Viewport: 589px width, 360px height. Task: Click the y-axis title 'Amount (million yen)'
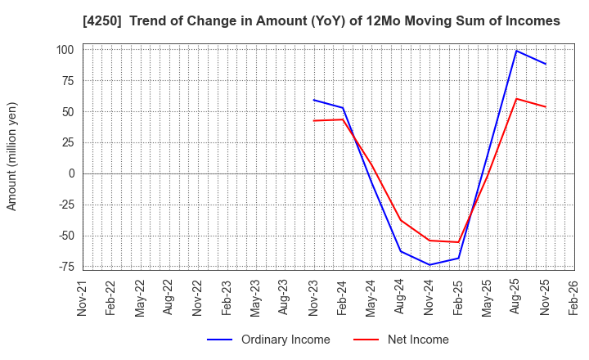11,156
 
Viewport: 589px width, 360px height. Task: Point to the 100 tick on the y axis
66,50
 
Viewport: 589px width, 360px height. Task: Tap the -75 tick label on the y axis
65,267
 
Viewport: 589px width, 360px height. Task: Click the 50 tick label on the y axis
69,112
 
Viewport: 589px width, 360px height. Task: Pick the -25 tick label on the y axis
65,205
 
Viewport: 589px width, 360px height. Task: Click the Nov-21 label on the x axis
83,296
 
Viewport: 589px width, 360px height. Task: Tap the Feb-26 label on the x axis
574,296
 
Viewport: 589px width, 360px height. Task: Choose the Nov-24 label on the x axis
429,296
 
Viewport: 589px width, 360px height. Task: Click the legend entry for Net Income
417,340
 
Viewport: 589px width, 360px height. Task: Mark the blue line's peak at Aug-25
516,51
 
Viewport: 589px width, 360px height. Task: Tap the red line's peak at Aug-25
516,99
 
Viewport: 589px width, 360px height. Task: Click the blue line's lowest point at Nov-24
429,264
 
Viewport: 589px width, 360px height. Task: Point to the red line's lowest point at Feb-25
458,242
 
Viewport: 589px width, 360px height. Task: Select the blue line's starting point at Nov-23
313,100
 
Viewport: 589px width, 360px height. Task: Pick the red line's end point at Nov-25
546,106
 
